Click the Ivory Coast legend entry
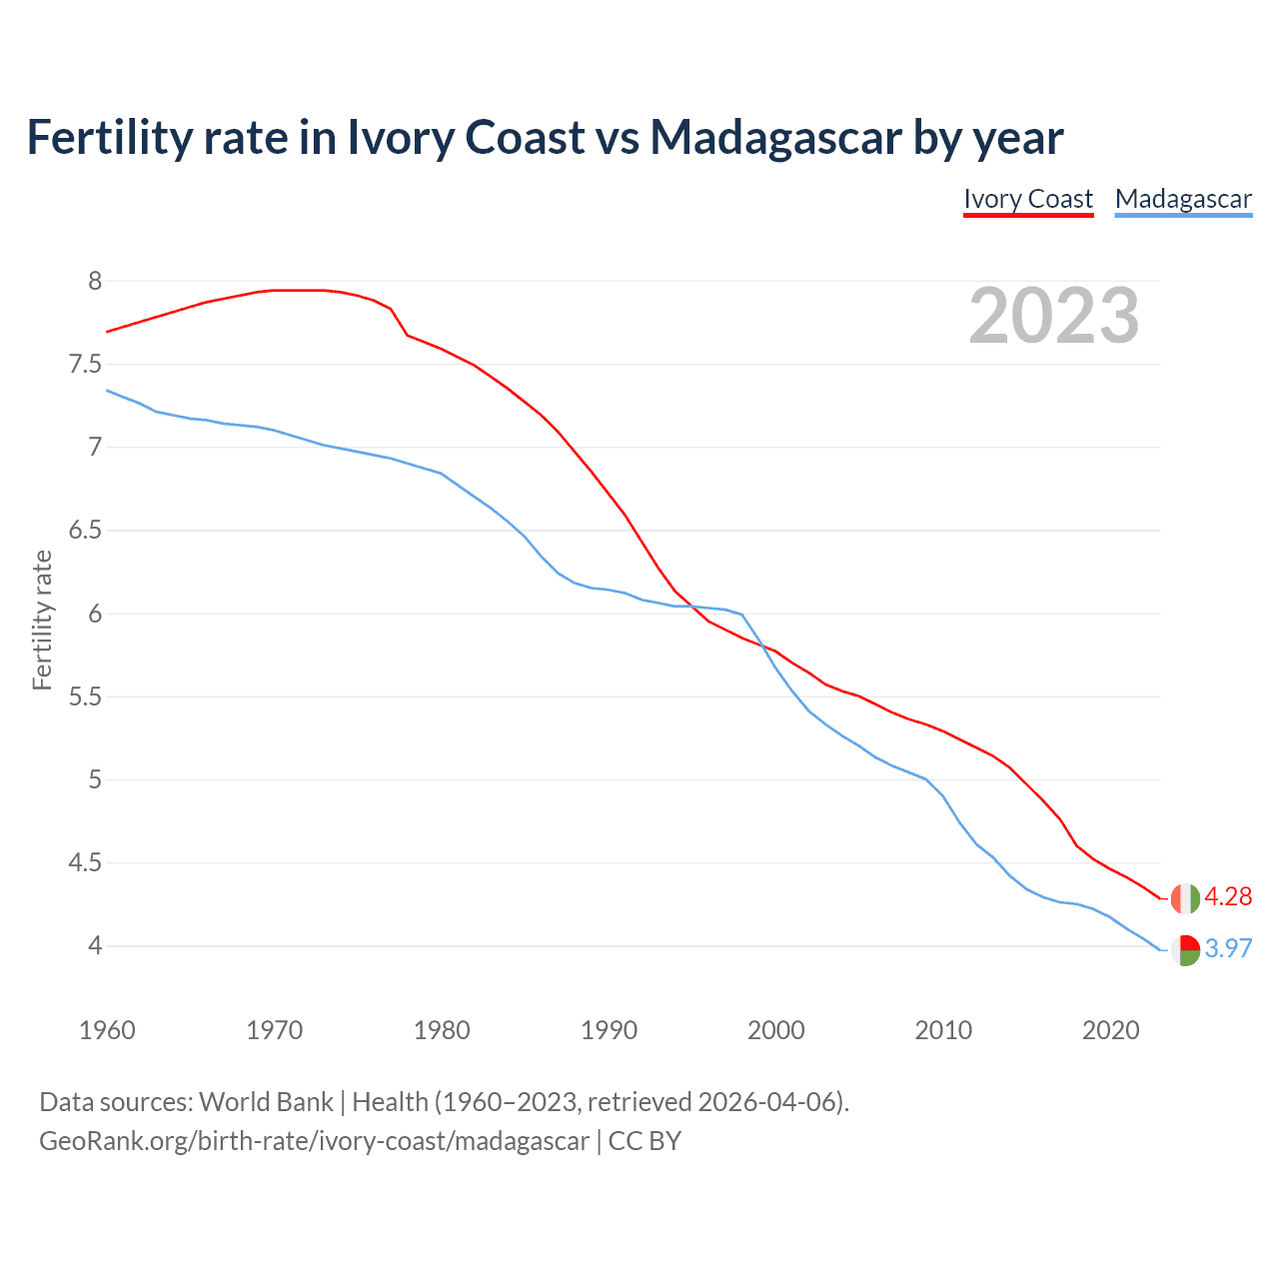(x=1028, y=199)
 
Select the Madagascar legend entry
(x=1183, y=199)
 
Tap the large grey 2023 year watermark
(x=1054, y=316)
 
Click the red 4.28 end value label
(x=1228, y=896)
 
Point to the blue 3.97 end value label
(x=1228, y=948)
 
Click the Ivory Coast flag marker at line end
(x=1185, y=898)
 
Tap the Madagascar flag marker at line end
(x=1185, y=949)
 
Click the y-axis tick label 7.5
(x=85, y=364)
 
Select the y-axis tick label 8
(x=95, y=281)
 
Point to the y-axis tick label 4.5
(x=85, y=862)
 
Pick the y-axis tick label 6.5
(x=85, y=530)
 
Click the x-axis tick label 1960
(x=107, y=1030)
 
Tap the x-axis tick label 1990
(x=609, y=1030)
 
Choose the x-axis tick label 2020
(x=1110, y=1030)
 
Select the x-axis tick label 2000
(x=775, y=1030)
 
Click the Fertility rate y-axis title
(x=42, y=620)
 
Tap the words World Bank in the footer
(x=266, y=1101)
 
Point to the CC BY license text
(x=644, y=1140)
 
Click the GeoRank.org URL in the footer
(x=314, y=1140)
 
